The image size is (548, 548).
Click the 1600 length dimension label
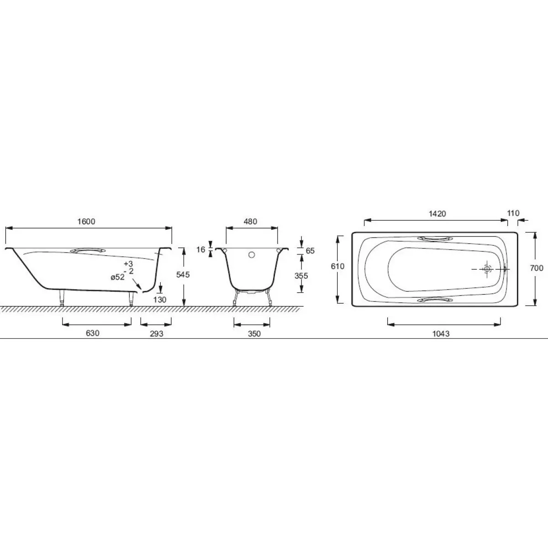point(86,221)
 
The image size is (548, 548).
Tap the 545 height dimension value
point(183,274)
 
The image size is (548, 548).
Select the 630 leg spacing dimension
point(93,333)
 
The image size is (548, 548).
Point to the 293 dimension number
point(157,333)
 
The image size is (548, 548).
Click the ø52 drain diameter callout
point(118,277)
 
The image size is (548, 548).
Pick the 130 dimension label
point(159,300)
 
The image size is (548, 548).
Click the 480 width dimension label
point(251,221)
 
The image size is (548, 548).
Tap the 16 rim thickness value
point(201,249)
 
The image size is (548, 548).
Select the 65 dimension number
point(310,251)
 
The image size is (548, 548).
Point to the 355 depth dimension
point(301,275)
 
